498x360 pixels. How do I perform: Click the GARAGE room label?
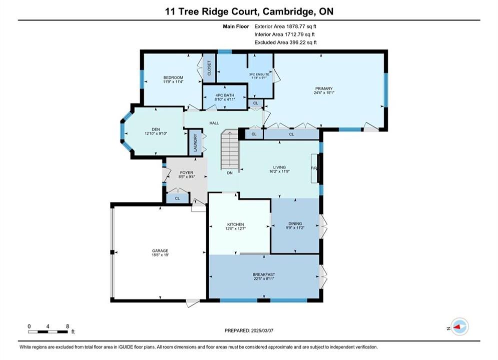160,250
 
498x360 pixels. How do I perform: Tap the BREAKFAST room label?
264,274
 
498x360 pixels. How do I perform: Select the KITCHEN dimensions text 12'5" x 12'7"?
236,228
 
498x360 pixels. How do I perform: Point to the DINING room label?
295,223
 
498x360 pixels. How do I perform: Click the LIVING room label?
279,167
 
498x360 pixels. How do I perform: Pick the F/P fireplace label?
314,168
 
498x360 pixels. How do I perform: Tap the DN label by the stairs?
230,173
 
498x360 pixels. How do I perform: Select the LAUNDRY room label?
195,142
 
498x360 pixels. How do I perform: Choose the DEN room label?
156,129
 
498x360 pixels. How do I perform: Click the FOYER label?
186,172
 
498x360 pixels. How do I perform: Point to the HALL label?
214,123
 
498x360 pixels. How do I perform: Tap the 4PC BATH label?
225,95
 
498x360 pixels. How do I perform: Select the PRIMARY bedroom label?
324,88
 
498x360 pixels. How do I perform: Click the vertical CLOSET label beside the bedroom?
209,68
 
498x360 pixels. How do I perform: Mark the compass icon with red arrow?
459,326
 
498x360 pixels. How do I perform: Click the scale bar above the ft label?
48,332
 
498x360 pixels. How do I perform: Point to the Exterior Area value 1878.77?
296,26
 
